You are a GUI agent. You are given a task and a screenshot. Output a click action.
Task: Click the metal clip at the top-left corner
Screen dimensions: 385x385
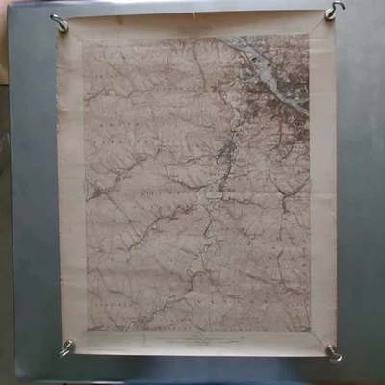coord(60,22)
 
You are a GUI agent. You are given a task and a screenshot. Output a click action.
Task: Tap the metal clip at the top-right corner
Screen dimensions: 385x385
coord(333,12)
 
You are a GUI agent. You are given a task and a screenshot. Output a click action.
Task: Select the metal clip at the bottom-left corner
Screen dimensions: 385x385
coord(66,348)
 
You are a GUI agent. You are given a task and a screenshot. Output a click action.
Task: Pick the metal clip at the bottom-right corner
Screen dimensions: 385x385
coord(333,353)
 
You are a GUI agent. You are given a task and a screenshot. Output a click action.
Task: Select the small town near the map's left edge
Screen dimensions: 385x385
coord(97,192)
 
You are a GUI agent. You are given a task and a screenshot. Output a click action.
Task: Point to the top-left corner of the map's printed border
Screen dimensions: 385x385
coord(84,40)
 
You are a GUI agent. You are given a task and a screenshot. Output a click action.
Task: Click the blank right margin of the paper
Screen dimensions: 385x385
coord(324,192)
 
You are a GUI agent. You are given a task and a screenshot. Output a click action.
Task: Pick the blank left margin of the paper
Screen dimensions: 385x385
coord(70,192)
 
